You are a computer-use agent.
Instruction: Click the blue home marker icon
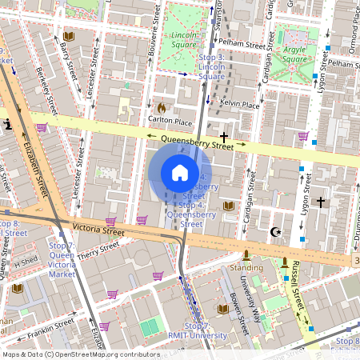(x=180, y=173)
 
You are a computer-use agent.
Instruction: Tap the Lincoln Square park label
(x=183, y=40)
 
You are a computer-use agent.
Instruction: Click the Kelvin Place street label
(x=240, y=105)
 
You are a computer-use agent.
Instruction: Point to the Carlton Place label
(x=171, y=120)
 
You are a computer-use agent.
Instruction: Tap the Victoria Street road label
(x=98, y=230)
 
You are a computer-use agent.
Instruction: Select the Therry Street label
(x=98, y=252)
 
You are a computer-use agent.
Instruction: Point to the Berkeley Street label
(x=45, y=90)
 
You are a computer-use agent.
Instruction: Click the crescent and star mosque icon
(x=277, y=232)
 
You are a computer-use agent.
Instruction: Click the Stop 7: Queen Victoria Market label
(x=62, y=260)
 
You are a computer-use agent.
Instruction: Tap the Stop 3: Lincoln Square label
(x=212, y=67)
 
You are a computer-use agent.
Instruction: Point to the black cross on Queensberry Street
(x=224, y=138)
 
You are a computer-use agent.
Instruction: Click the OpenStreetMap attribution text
(x=80, y=354)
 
